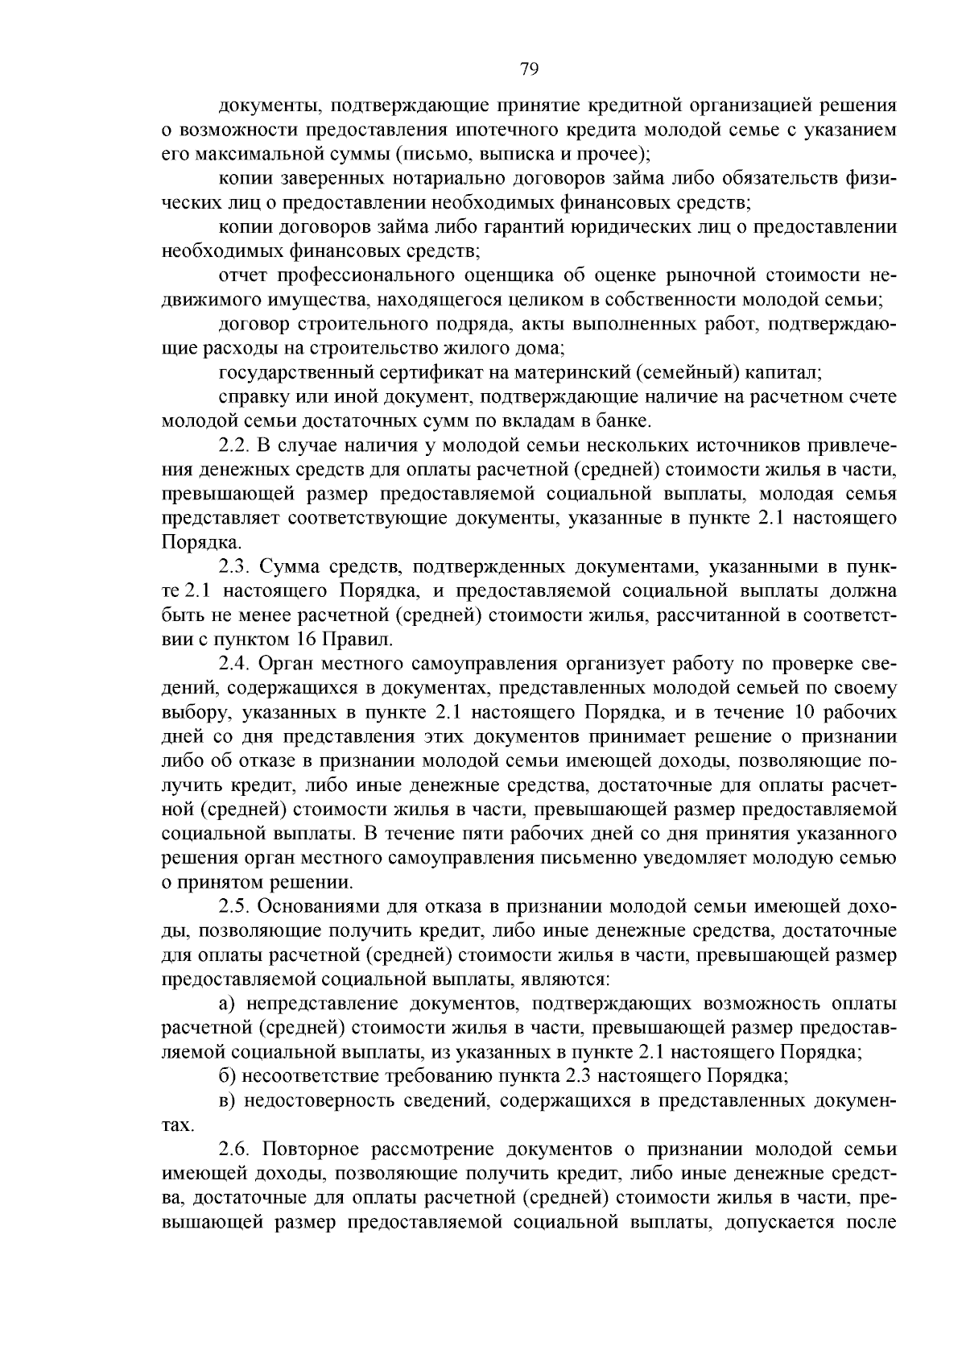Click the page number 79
[x=529, y=68]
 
